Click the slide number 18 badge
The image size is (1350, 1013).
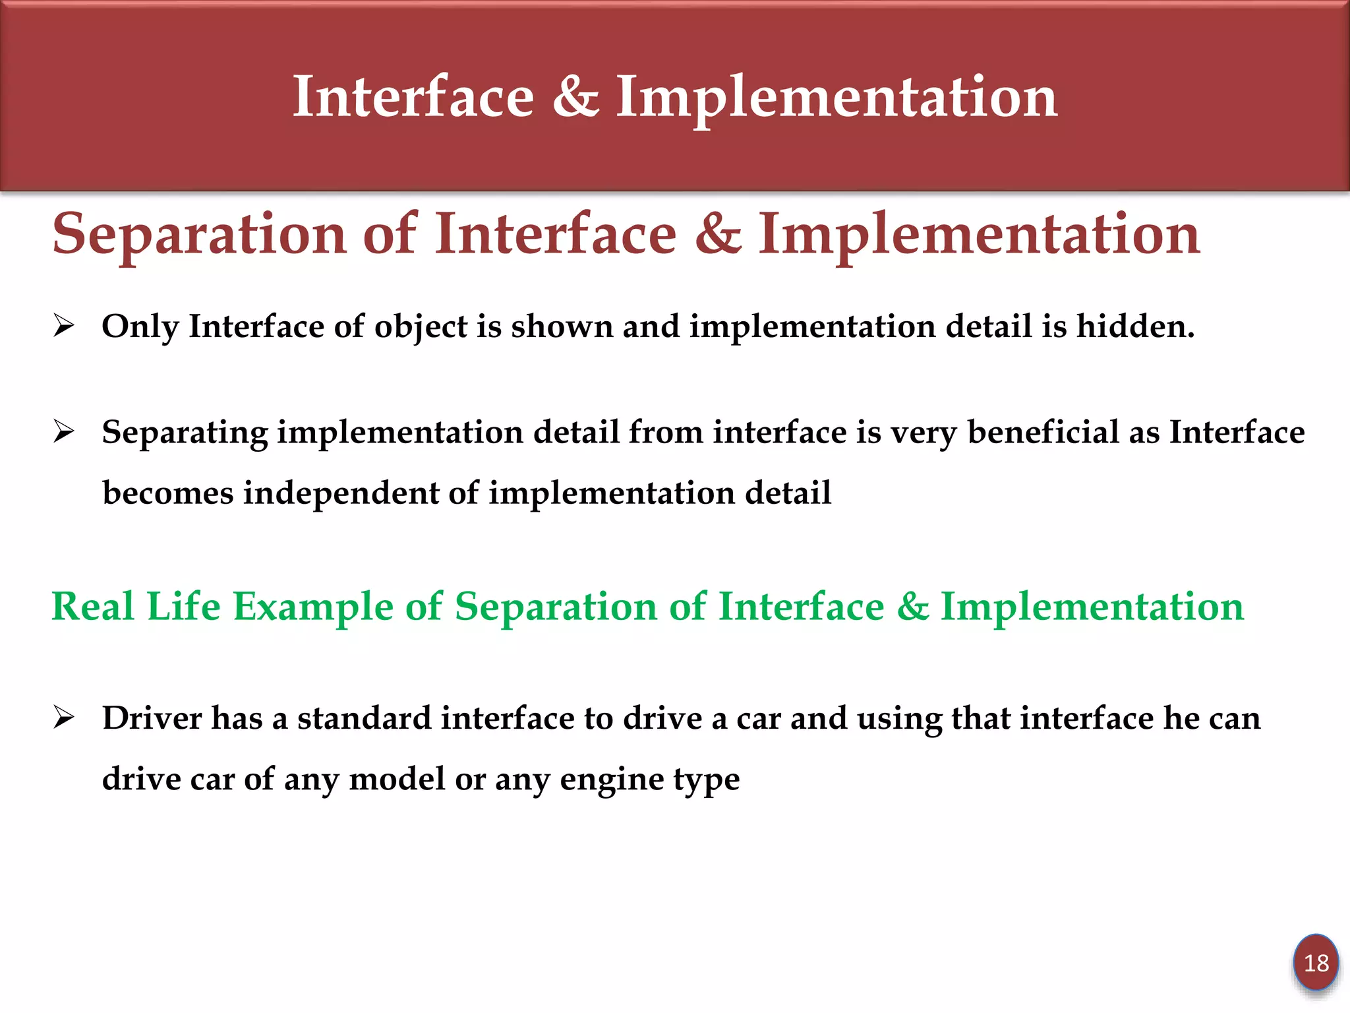(1316, 963)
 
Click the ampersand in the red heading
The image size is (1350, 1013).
(717, 235)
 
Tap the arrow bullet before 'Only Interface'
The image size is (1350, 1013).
(64, 326)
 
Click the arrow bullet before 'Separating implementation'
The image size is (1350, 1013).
(64, 432)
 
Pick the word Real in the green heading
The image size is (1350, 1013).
(93, 606)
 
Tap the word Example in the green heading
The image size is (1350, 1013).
(313, 607)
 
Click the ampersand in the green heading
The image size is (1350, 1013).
(912, 606)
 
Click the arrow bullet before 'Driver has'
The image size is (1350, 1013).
(64, 718)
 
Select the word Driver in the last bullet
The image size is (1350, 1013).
(152, 718)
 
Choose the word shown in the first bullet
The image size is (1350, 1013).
(562, 326)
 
